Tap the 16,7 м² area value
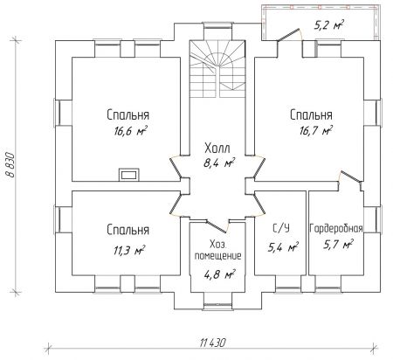[x=316, y=130]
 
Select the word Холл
[x=217, y=148]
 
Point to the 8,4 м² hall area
[x=219, y=163]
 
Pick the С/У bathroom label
[x=281, y=228]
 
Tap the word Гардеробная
[x=336, y=229]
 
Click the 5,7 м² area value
[x=338, y=244]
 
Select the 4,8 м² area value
[x=219, y=274]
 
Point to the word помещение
[x=217, y=256]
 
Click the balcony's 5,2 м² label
[x=328, y=25]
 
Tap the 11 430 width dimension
[x=213, y=343]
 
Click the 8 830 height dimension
[x=10, y=164]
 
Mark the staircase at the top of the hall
[x=217, y=69]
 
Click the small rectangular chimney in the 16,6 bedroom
[x=129, y=175]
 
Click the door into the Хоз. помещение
[x=217, y=226]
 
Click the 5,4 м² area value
[x=283, y=247]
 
